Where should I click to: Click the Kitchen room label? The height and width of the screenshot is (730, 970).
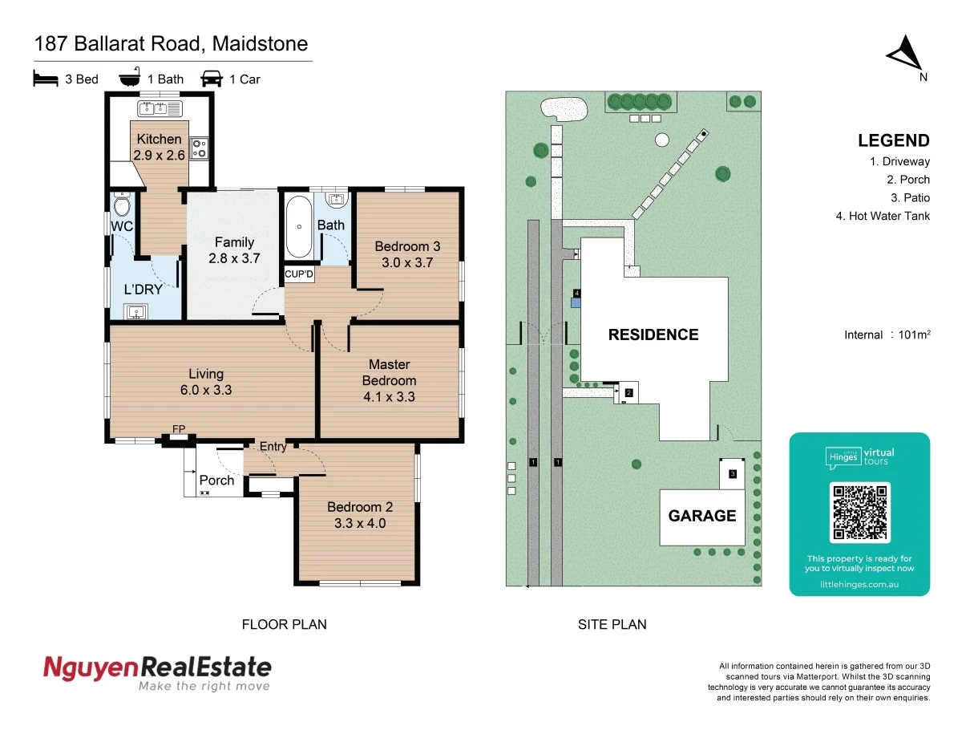click(159, 139)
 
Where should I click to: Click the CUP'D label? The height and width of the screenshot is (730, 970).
click(300, 274)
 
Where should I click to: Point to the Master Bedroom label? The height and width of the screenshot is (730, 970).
click(389, 373)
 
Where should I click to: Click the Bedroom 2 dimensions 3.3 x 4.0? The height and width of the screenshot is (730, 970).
click(360, 523)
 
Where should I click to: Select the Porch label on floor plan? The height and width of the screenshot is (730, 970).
click(216, 481)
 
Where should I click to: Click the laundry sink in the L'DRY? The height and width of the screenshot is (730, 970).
click(133, 312)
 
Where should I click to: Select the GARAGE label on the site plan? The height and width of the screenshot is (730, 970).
click(702, 516)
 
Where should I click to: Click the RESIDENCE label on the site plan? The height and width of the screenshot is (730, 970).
click(653, 335)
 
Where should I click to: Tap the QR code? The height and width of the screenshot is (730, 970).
click(860, 512)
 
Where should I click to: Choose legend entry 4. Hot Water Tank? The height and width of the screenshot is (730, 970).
click(883, 215)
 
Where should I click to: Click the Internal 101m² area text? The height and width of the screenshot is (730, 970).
click(887, 335)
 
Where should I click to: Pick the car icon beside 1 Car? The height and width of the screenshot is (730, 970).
click(212, 78)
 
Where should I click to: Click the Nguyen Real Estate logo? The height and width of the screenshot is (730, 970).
click(157, 672)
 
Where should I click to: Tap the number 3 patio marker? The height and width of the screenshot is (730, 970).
click(732, 474)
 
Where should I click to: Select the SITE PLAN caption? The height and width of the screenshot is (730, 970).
click(612, 624)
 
